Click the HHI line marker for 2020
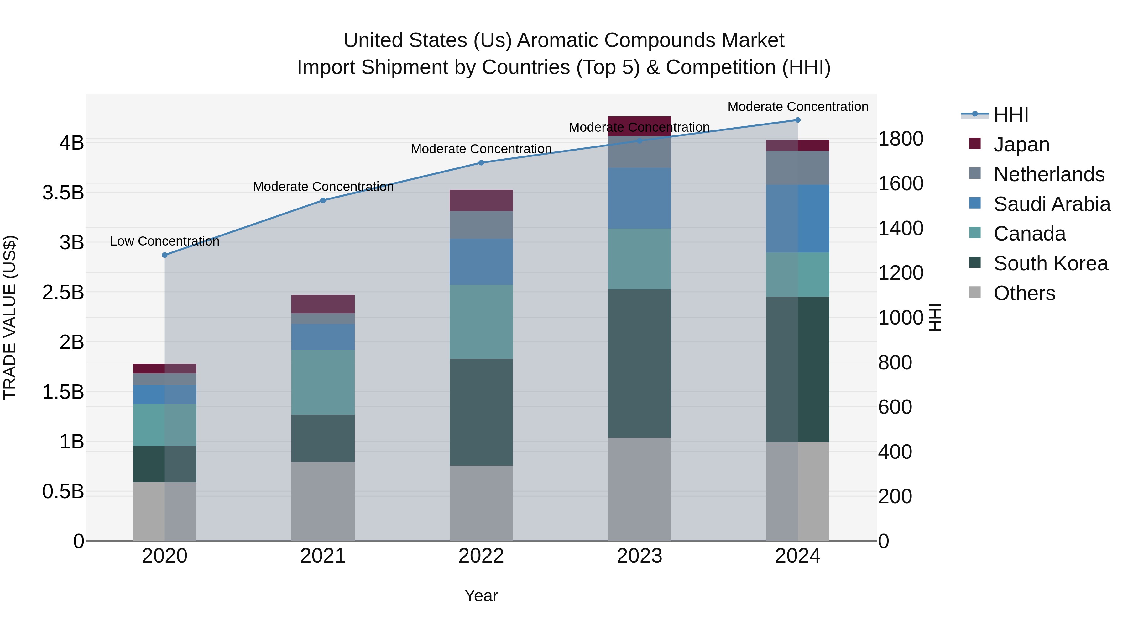pyautogui.click(x=164, y=255)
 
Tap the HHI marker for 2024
pyautogui.click(x=797, y=120)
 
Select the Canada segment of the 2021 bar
pyautogui.click(x=323, y=382)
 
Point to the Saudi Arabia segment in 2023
pyautogui.click(x=639, y=198)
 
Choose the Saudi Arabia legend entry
pyautogui.click(x=1051, y=204)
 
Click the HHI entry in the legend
pyautogui.click(x=1011, y=115)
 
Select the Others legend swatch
pyautogui.click(x=975, y=292)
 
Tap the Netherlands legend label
pyautogui.click(x=1049, y=174)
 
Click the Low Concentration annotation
pyautogui.click(x=164, y=241)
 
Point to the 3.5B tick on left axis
pyautogui.click(x=63, y=193)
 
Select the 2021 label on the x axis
pyautogui.click(x=323, y=556)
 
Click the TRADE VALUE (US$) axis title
pyautogui.click(x=10, y=317)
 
